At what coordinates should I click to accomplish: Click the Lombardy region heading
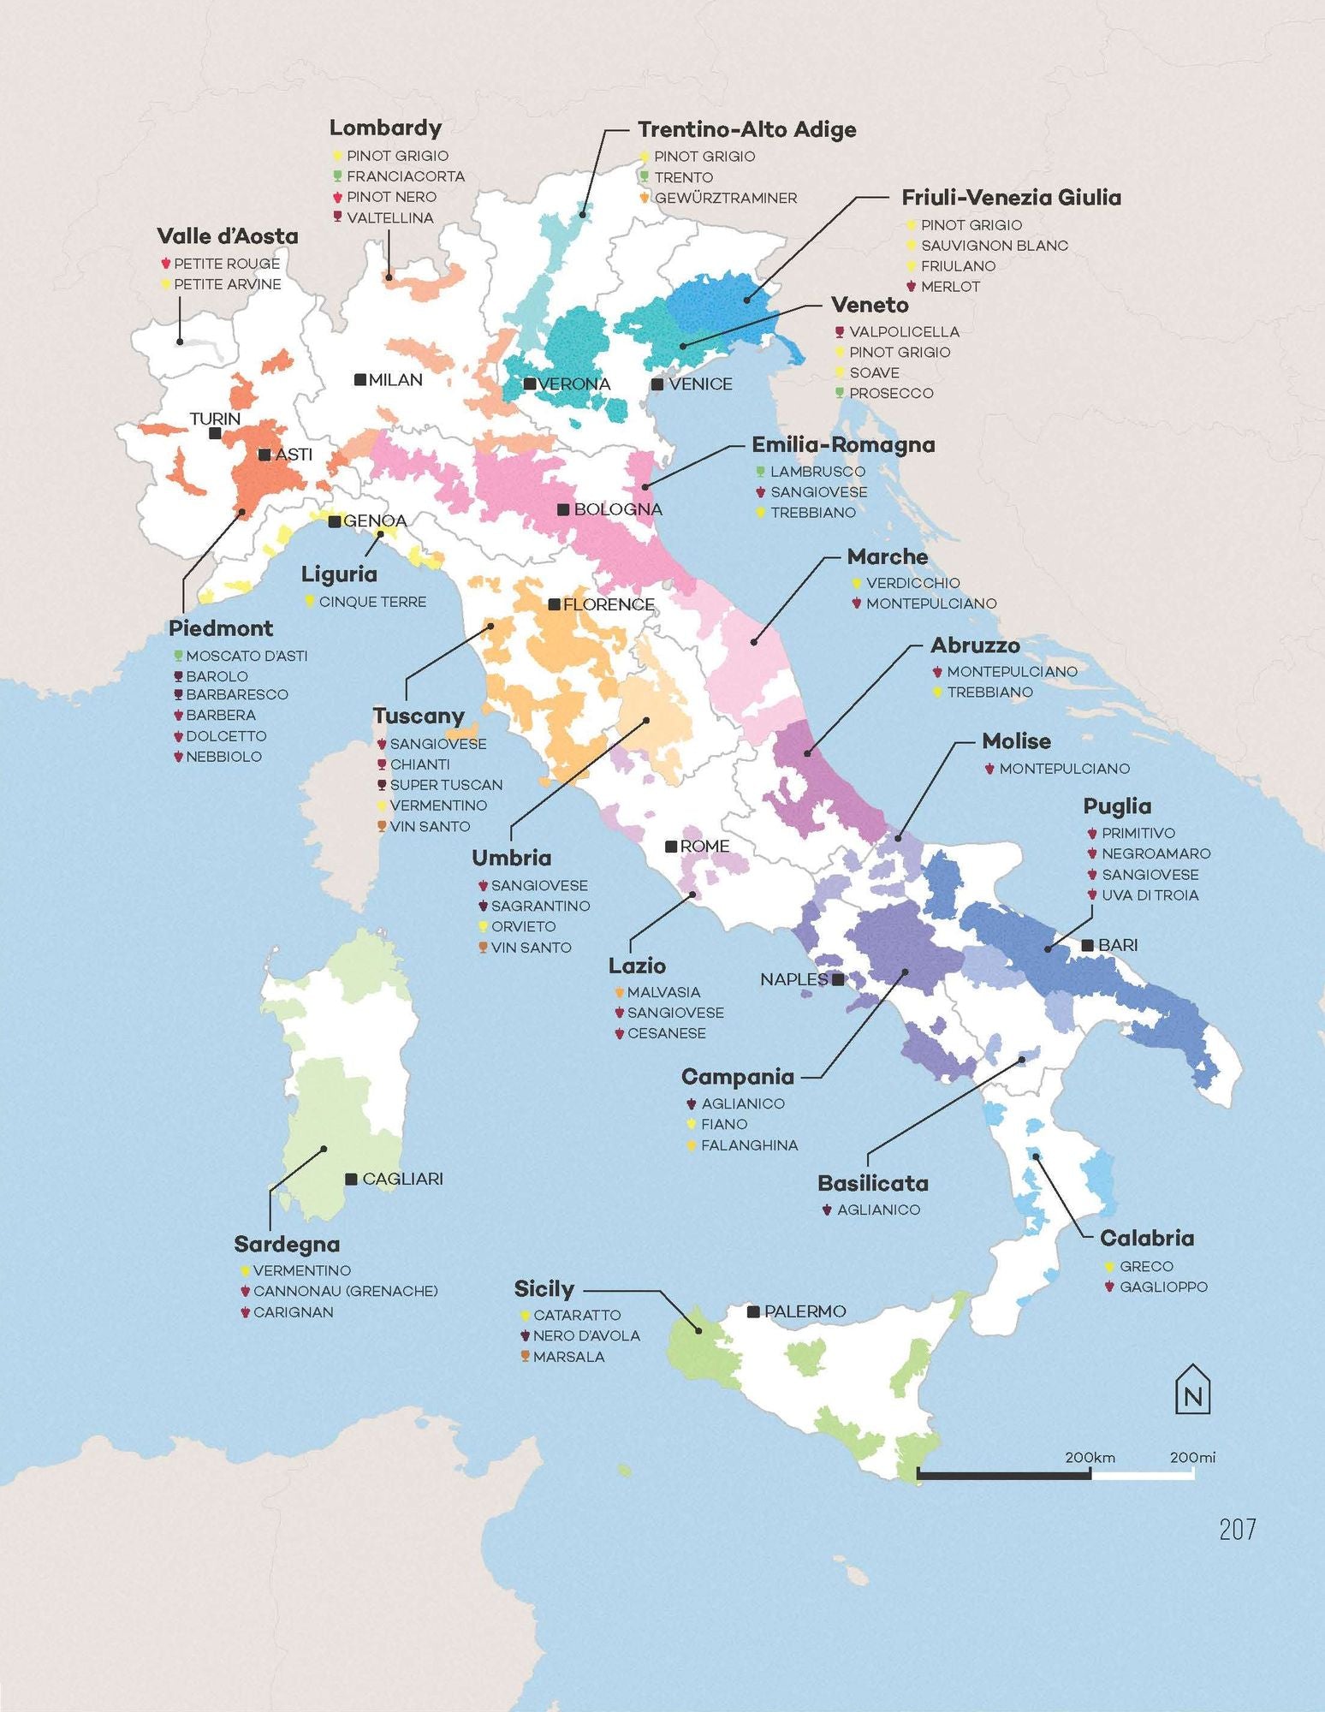coord(385,128)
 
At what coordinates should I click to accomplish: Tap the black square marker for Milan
coord(360,379)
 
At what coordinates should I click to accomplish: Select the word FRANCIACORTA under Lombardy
coord(405,176)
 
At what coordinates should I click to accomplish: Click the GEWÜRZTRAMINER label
coord(725,198)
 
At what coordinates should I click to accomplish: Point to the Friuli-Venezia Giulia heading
coord(1011,198)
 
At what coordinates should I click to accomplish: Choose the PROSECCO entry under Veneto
coord(891,393)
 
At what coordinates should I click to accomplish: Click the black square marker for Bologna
coord(563,509)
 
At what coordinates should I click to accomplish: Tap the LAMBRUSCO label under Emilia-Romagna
coord(817,472)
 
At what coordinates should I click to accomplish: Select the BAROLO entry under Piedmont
coord(217,676)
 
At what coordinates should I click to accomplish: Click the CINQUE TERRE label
coord(372,602)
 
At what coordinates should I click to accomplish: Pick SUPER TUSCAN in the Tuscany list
coord(446,785)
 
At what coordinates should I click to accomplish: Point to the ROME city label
coord(704,846)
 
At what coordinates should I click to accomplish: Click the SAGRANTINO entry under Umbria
coord(540,906)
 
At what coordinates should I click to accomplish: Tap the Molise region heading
coord(1016,741)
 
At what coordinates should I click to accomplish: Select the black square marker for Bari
coord(1087,945)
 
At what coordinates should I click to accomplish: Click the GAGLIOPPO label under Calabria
coord(1163,1287)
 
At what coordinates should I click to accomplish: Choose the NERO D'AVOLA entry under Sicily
coord(586,1335)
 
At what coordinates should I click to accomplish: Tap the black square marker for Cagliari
coord(351,1179)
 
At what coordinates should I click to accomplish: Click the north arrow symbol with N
coord(1192,1388)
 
